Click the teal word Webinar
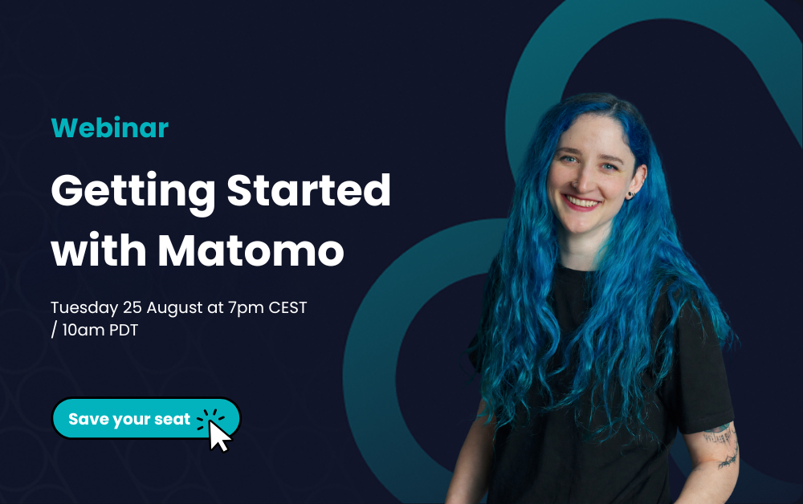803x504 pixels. pyautogui.click(x=109, y=128)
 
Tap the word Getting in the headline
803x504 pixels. pyautogui.click(x=133, y=193)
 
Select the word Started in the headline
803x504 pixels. pyautogui.click(x=309, y=189)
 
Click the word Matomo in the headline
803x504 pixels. pyautogui.click(x=251, y=250)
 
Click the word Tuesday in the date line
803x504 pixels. pyautogui.click(x=84, y=308)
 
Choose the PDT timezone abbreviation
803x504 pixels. pyautogui.click(x=124, y=330)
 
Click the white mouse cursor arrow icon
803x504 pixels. pyautogui.click(x=219, y=436)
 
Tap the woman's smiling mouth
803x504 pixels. pyautogui.click(x=582, y=202)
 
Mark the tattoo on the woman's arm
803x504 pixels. pyautogui.click(x=723, y=445)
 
